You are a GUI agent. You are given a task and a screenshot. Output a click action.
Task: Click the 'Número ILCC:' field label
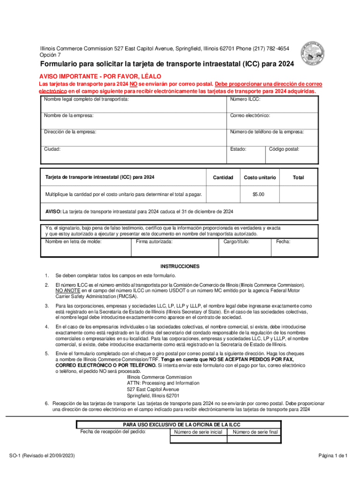point(245,100)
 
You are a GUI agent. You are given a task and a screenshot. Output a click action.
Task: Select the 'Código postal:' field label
point(284,149)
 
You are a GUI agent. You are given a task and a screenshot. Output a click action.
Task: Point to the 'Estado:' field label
point(238,149)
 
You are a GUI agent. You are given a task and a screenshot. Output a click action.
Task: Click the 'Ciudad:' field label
point(52,149)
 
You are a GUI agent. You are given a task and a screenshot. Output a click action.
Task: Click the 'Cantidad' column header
point(223,178)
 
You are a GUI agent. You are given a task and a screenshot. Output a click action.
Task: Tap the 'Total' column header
point(298,178)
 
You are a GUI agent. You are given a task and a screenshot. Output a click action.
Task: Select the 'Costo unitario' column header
point(260,178)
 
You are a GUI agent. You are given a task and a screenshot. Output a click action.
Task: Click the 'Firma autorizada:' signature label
point(154,242)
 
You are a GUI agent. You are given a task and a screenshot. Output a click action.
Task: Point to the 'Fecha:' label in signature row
point(283,242)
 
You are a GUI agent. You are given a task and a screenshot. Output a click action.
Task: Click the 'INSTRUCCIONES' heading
point(180,267)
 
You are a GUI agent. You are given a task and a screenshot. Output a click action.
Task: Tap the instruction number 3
point(47,305)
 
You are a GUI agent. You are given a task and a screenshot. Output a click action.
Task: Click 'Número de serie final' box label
point(255,432)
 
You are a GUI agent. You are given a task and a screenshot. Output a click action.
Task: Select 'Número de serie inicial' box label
point(198,432)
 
